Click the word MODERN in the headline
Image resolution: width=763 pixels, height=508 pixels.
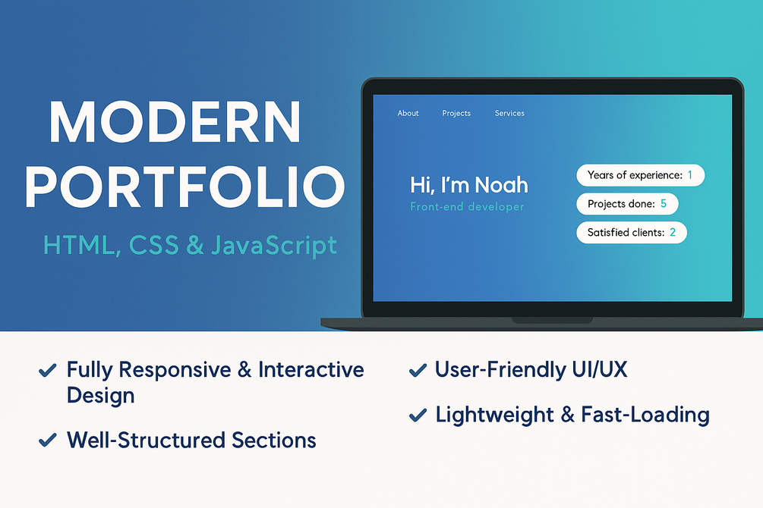click(x=175, y=122)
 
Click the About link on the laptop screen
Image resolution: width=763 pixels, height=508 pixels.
click(x=408, y=113)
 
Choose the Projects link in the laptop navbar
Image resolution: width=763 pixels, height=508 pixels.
click(x=456, y=113)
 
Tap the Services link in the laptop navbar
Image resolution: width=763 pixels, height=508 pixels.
click(x=509, y=113)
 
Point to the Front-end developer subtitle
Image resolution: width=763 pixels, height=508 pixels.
click(x=467, y=207)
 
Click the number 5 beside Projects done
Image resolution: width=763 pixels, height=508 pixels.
click(x=663, y=204)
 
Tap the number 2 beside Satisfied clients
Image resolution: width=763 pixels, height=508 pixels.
click(x=673, y=233)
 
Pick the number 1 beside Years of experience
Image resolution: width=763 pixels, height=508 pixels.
click(x=689, y=175)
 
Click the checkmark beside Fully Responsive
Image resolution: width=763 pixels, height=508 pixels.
click(x=47, y=371)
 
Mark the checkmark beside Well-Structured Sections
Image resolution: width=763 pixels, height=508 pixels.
click(x=47, y=441)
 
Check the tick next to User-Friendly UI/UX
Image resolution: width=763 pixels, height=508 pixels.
click(x=417, y=371)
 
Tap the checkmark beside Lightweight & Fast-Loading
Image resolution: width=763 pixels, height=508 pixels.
click(x=417, y=415)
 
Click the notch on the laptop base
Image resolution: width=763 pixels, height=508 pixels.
click(x=552, y=321)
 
